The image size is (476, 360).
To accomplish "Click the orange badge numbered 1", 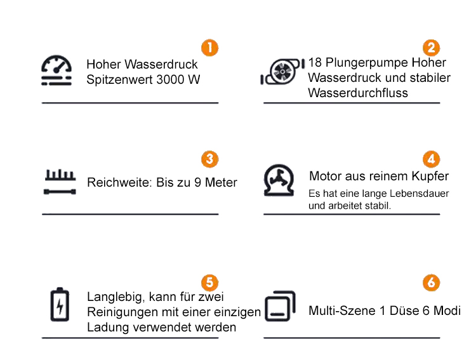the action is pos(210,48).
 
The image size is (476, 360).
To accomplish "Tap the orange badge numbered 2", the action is pos(432,48).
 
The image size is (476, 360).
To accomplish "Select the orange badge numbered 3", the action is pos(210,159).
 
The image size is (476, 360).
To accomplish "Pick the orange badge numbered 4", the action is pos(432,159).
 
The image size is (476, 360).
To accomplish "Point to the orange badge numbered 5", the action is pos(210,283).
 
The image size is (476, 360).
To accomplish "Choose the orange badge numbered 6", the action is pos(432,283).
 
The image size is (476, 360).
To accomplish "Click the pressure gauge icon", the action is pos(56,70).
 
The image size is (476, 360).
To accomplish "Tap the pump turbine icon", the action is pos(282,72).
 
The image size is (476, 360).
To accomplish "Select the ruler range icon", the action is pos(60,182).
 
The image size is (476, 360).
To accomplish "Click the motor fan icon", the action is pos(279,180).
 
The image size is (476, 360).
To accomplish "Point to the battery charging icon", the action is pos(60,304).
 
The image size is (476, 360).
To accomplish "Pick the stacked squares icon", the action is pos(280,306).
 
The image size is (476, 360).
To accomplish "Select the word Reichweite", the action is pos(119,182).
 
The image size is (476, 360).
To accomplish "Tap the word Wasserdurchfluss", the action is pos(358,93).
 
